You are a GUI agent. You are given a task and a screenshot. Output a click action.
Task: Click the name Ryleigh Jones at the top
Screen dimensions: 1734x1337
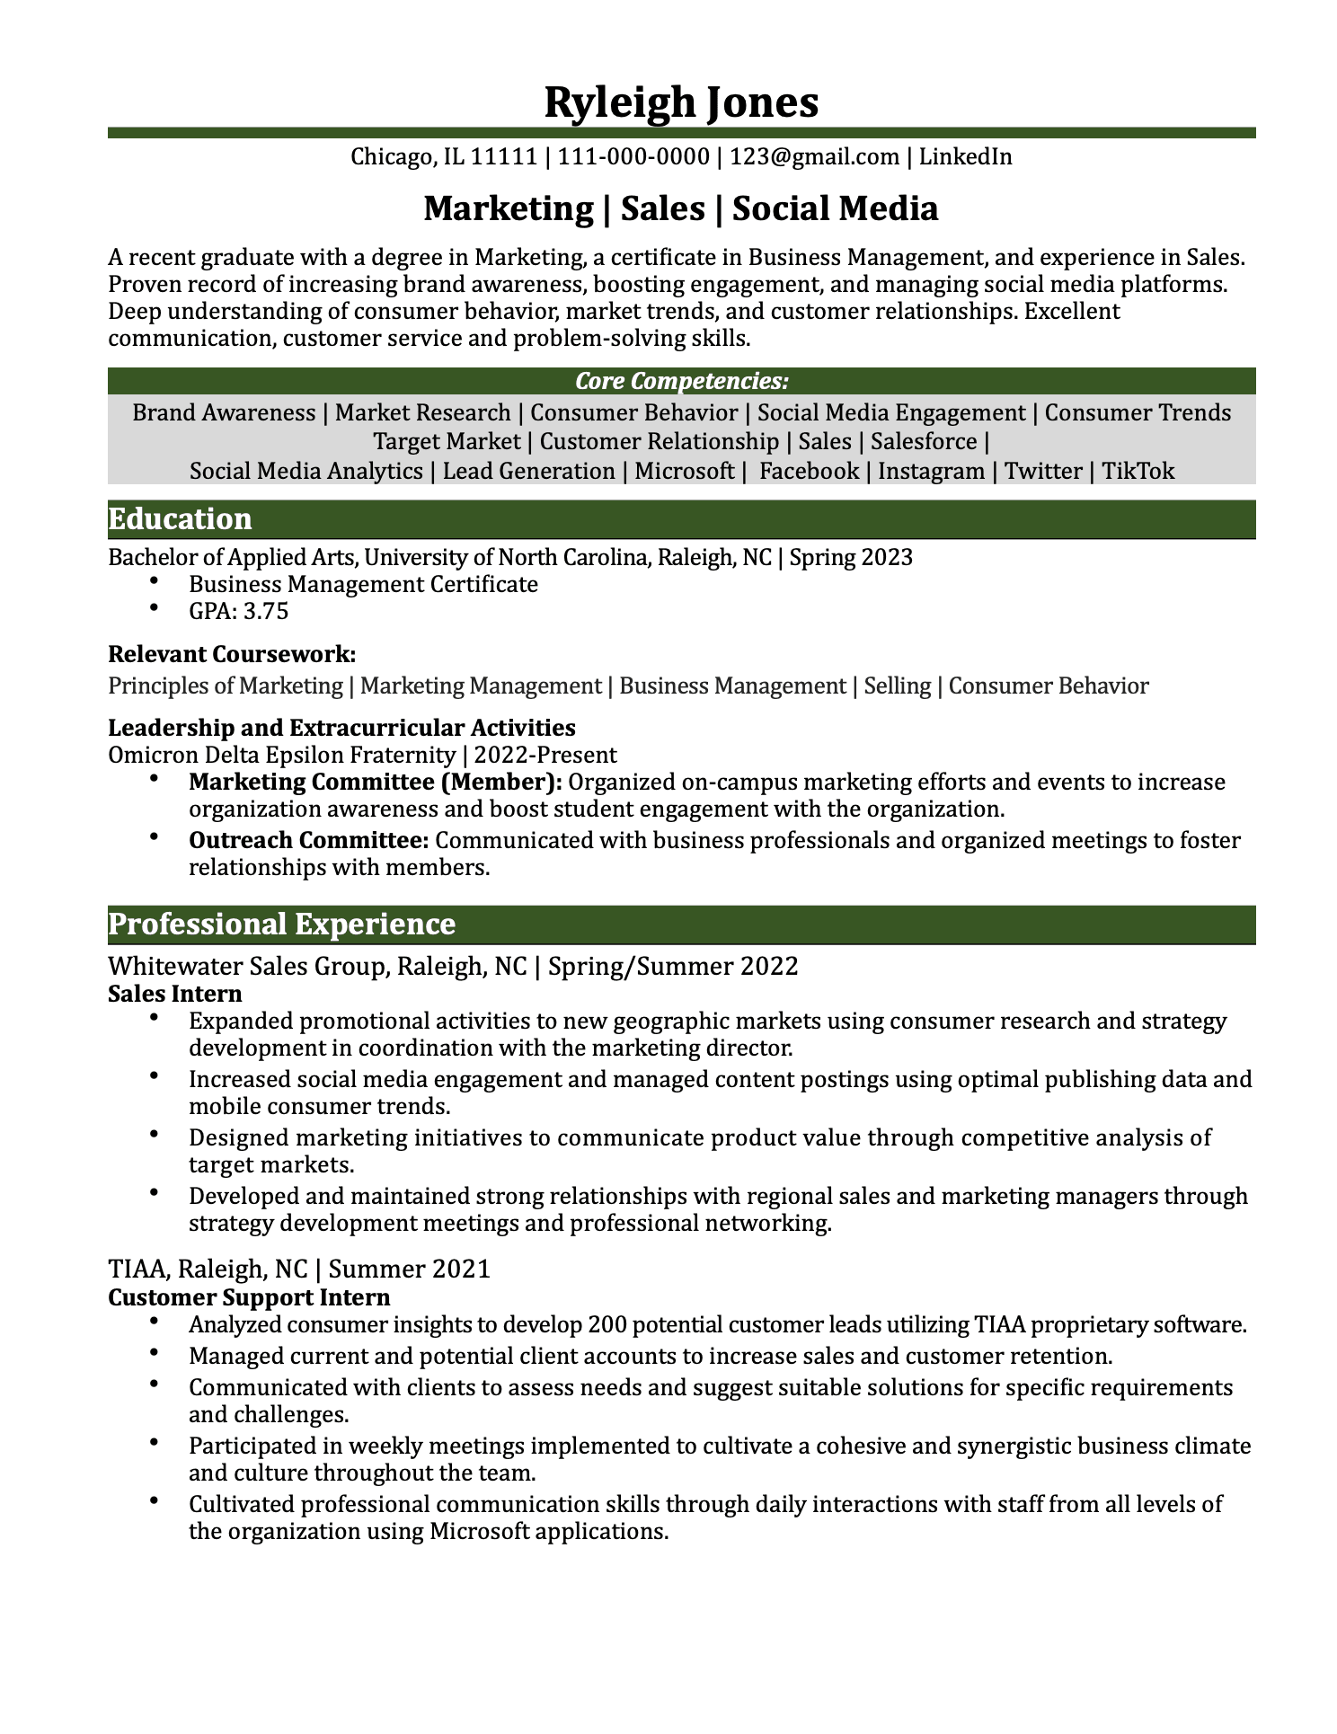(x=681, y=102)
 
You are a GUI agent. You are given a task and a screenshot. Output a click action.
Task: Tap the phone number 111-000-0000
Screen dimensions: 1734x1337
(x=633, y=157)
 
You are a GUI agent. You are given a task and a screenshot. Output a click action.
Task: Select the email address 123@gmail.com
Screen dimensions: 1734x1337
(x=814, y=157)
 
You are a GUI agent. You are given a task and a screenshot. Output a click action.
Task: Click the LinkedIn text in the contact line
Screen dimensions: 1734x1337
(x=965, y=157)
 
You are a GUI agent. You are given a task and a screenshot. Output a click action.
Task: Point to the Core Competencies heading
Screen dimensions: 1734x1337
(x=681, y=381)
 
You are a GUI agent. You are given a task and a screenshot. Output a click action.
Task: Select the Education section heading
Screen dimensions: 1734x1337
(x=180, y=519)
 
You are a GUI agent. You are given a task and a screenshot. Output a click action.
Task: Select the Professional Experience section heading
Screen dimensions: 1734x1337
(x=281, y=925)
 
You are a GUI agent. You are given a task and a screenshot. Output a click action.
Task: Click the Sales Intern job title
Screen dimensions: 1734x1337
(x=174, y=994)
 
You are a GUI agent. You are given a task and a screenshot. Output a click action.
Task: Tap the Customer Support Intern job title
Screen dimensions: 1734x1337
(x=249, y=1297)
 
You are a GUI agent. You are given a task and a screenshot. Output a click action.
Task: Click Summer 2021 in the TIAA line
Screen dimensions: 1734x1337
(x=410, y=1269)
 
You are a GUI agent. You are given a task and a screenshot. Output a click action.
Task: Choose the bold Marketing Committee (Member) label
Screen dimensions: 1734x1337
(x=376, y=782)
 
